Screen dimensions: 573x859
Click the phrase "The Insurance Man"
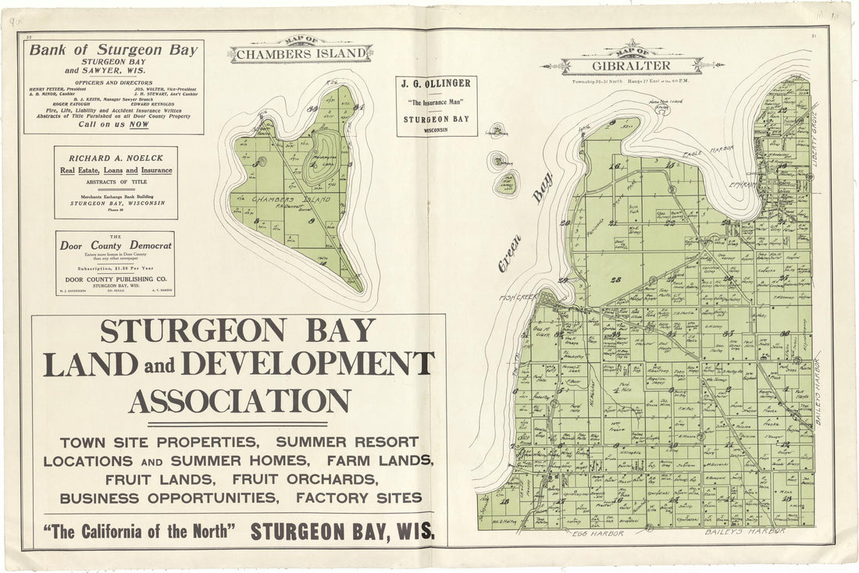point(437,103)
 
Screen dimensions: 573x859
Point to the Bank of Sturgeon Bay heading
point(114,50)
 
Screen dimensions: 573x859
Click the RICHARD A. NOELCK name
point(116,156)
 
